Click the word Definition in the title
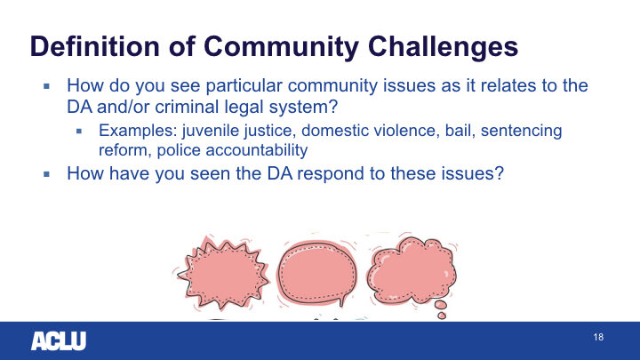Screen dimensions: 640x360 click(x=95, y=45)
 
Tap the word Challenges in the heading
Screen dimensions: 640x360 click(x=443, y=47)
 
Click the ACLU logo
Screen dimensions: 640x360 click(x=59, y=340)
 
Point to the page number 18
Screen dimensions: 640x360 click(x=598, y=337)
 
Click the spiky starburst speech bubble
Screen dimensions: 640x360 click(x=222, y=273)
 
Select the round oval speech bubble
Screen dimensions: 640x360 click(x=317, y=273)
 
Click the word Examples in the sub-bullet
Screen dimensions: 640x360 click(x=138, y=131)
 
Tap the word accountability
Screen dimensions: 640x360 click(x=257, y=150)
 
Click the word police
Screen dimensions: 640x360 click(x=179, y=150)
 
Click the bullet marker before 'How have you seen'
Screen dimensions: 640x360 click(x=46, y=174)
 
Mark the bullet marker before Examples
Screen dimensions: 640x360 click(x=79, y=131)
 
